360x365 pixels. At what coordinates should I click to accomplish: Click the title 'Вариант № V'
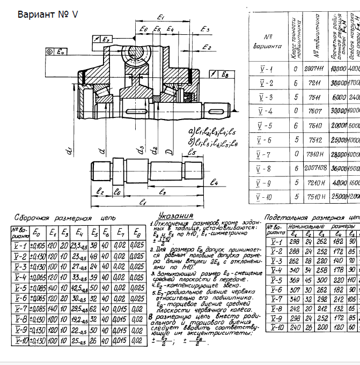point(48,14)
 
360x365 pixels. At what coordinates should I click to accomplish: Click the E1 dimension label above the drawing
point(161,18)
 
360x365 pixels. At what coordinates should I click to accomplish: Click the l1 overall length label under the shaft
point(143,202)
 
